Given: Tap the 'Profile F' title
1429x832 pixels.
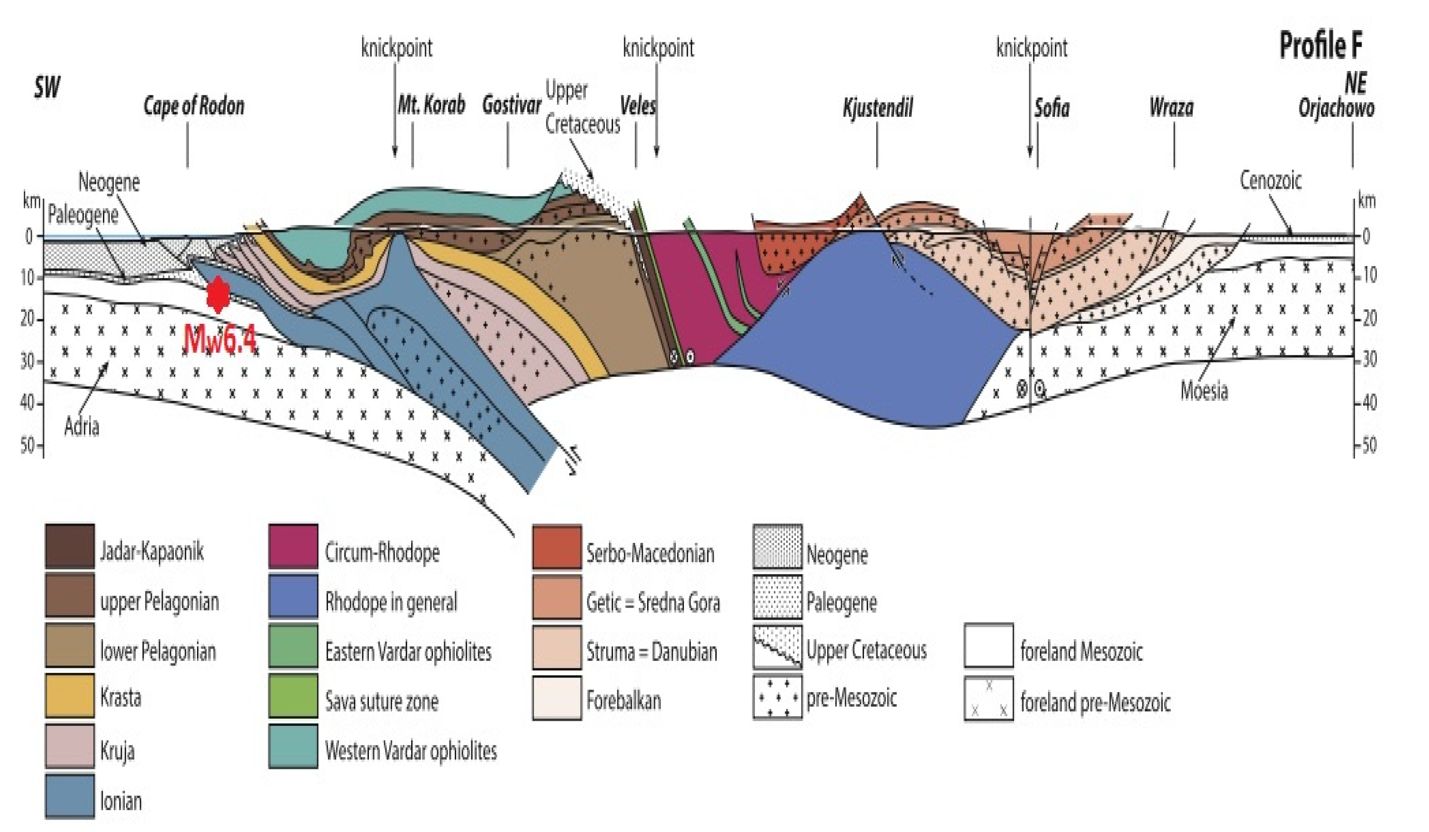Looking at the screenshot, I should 1321,45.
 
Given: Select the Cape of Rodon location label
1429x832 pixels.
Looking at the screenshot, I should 194,106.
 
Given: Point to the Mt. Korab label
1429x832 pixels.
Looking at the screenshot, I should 431,105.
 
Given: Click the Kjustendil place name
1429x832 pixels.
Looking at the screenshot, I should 878,107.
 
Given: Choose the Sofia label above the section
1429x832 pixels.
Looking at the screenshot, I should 1052,107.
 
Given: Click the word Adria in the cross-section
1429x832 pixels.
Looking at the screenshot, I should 82,426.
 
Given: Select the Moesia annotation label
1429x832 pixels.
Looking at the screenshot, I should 1204,391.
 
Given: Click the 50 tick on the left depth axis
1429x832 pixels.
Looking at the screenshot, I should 28,445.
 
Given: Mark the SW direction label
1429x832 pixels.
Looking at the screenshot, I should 47,87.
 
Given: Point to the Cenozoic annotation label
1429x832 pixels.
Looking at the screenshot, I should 1270,181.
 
